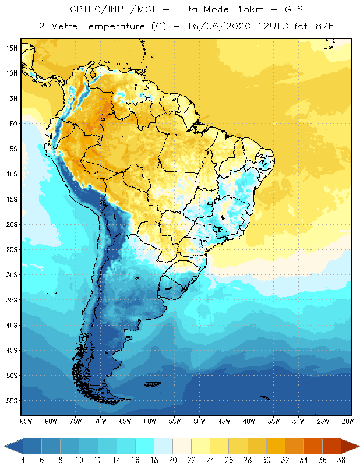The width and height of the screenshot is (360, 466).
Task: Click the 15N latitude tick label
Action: (x=12, y=48)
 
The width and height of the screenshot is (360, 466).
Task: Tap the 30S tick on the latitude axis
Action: (x=12, y=274)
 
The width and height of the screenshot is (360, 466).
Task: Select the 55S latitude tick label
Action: (x=12, y=401)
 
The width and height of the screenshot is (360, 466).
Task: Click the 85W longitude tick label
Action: (x=26, y=421)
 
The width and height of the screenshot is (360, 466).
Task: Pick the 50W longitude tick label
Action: (x=200, y=421)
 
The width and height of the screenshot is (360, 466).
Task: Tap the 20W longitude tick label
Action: (x=348, y=421)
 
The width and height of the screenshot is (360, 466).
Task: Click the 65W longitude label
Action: (x=125, y=421)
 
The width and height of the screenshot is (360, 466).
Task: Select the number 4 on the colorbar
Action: (x=23, y=460)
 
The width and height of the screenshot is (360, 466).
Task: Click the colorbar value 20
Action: (x=173, y=460)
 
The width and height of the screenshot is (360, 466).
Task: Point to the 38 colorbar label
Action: (x=341, y=460)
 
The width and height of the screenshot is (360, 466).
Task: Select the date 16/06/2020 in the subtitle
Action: (x=219, y=26)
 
